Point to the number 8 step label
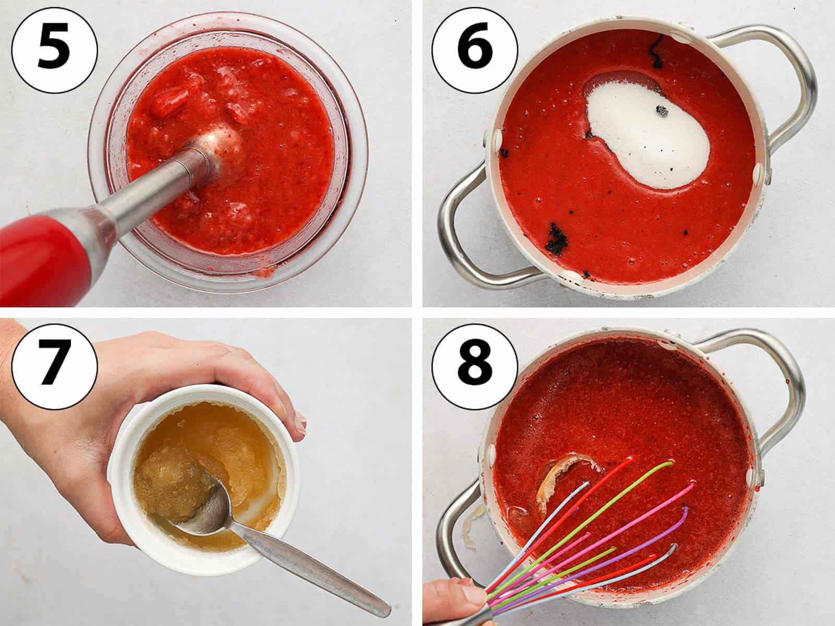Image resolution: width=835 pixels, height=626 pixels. click(x=475, y=366)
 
